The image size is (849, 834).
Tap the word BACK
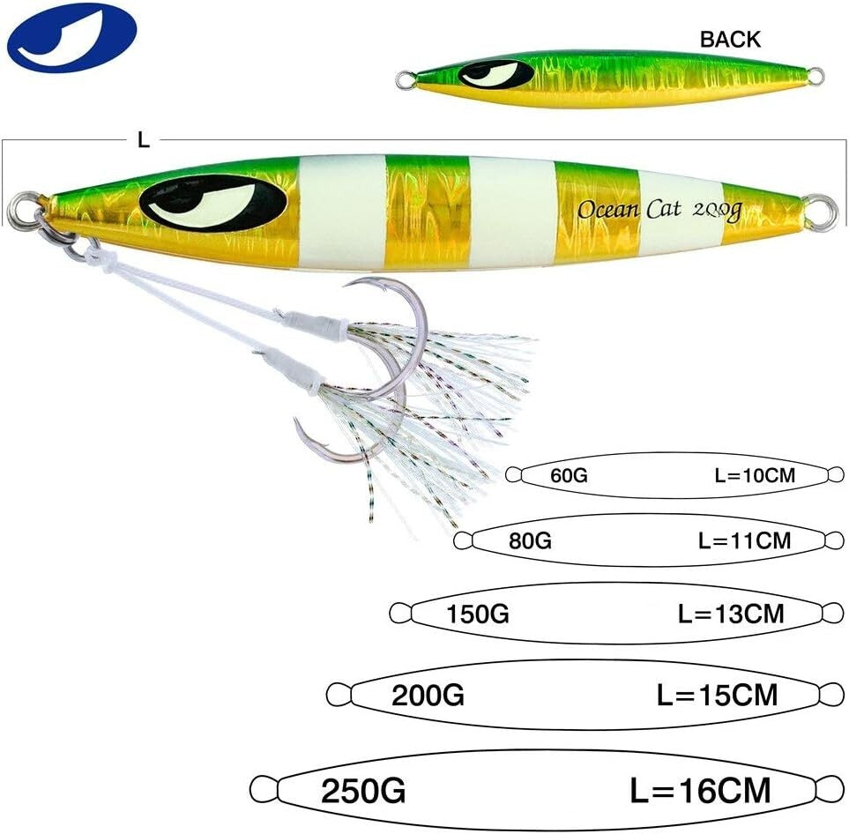coord(729,39)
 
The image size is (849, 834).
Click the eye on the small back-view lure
coord(496,74)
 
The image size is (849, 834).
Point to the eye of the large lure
coord(212,203)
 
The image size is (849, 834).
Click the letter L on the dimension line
coord(144,140)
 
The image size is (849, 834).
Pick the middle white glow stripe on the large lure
coord(512,212)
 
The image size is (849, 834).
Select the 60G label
coord(569,476)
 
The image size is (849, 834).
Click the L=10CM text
coord(755,476)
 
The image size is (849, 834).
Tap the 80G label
coord(530,540)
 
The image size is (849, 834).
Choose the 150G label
coord(478,613)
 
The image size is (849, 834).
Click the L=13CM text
coord(731,613)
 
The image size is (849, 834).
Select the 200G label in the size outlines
coord(428,695)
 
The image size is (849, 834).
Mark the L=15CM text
coord(718,695)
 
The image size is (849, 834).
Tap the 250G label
coord(363,790)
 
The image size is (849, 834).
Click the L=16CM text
coord(700,789)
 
